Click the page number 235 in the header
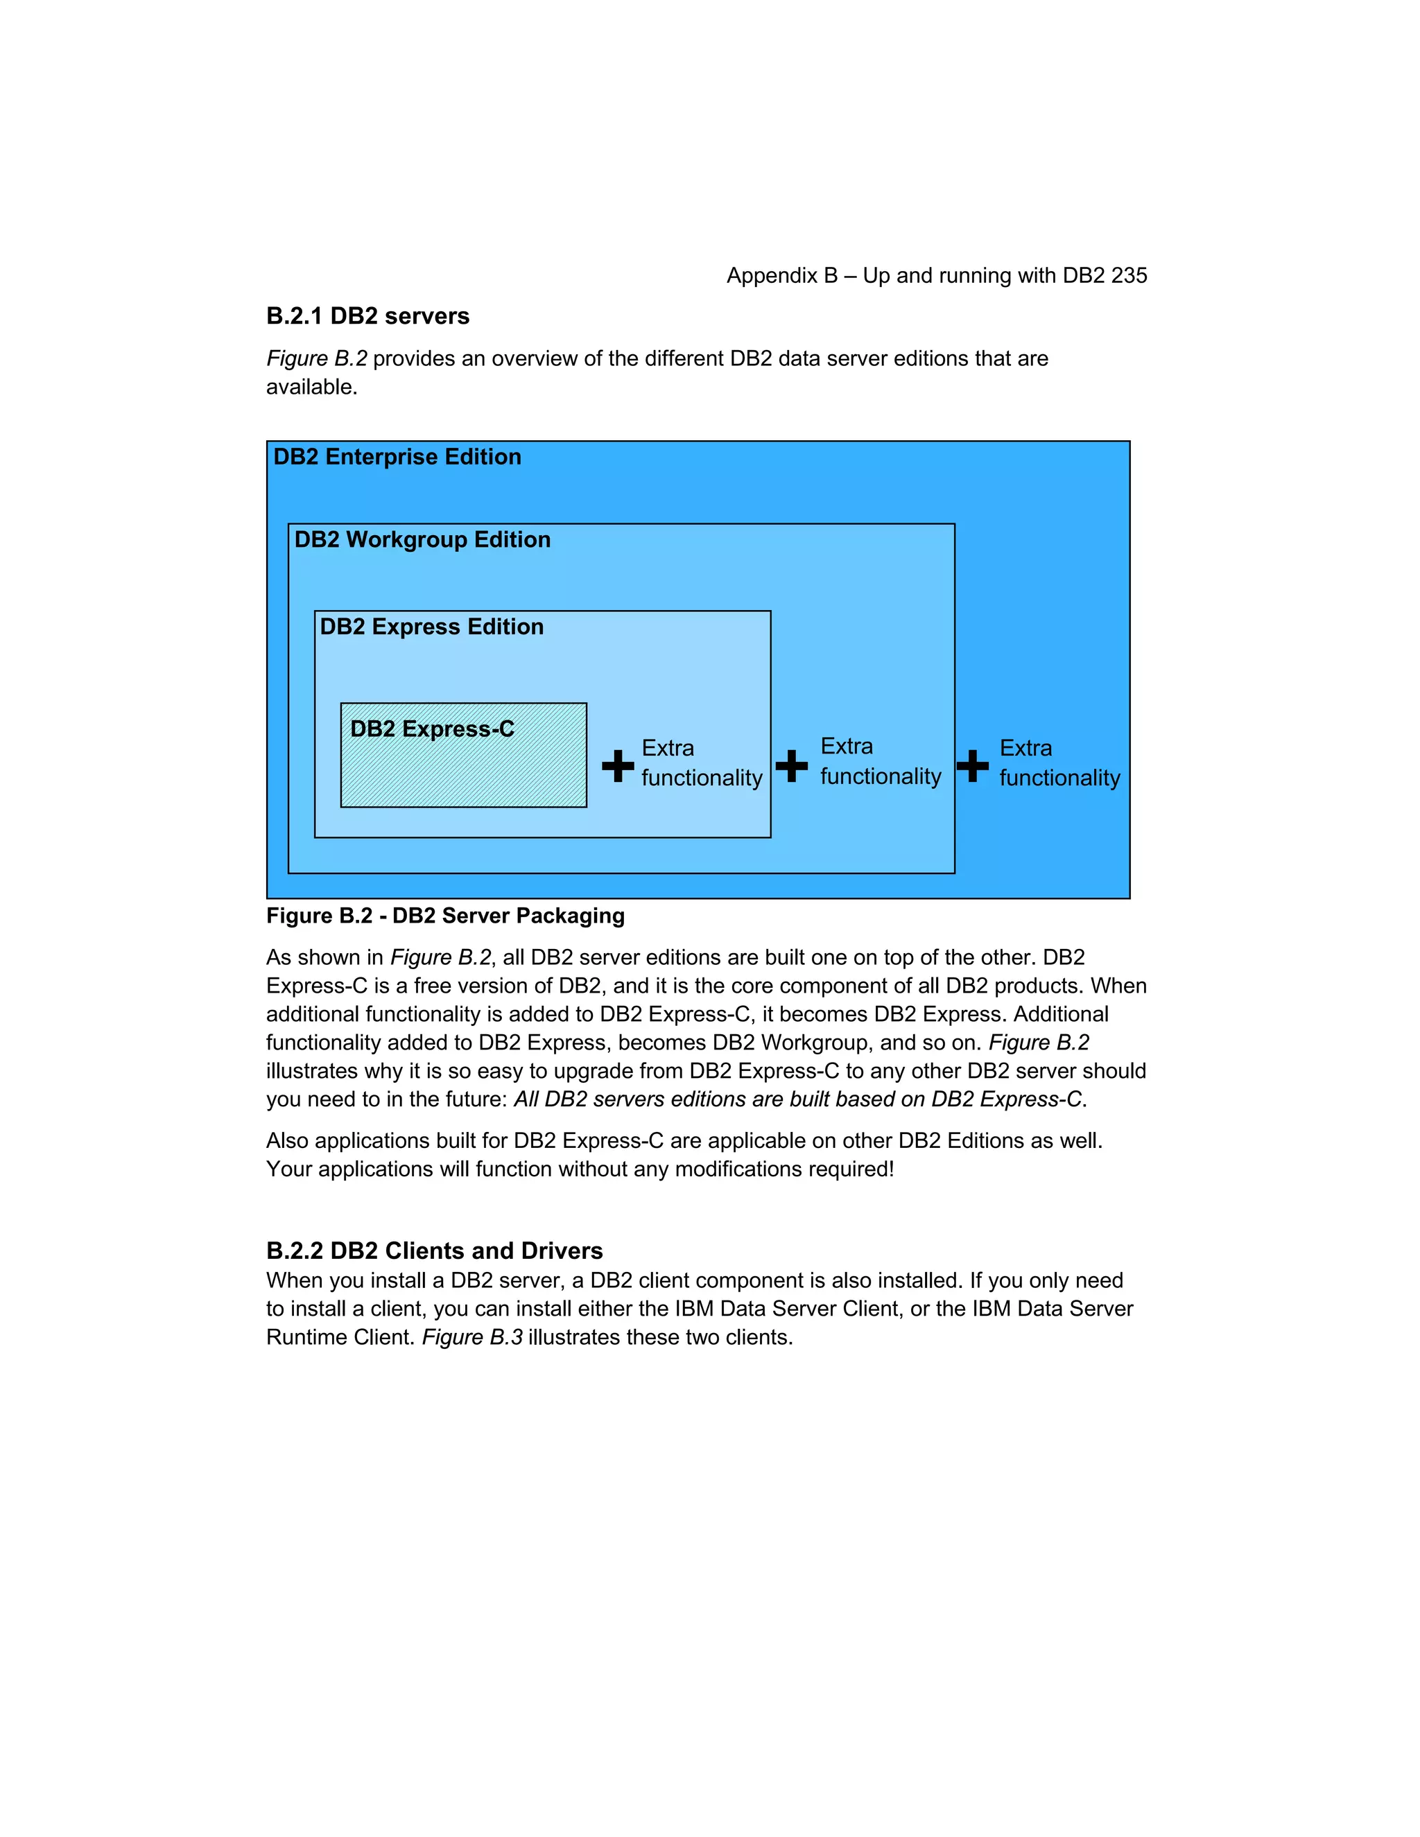[1129, 276]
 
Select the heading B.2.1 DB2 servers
[367, 316]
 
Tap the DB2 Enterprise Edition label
[397, 457]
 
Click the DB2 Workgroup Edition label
[422, 540]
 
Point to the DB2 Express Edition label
[431, 627]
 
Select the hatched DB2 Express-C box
[464, 765]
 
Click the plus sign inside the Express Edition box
[618, 765]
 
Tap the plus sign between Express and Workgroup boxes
[792, 765]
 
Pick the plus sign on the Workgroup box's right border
[973, 765]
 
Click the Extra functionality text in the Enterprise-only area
[1059, 763]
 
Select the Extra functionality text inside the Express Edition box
[701, 763]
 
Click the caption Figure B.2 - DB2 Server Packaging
[445, 916]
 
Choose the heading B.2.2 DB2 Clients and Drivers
[434, 1251]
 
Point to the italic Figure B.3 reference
[472, 1337]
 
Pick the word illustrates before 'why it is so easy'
[312, 1072]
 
